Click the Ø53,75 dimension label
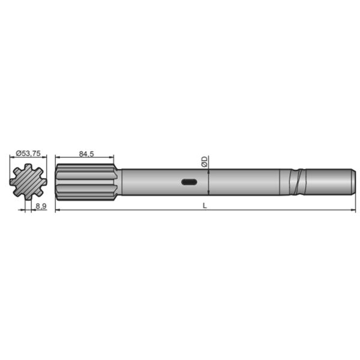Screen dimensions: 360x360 click(28, 154)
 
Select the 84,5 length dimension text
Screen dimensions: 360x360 click(86, 154)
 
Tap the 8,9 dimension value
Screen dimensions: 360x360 click(41, 206)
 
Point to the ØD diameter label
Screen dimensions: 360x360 click(205, 161)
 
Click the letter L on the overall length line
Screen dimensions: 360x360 click(205, 206)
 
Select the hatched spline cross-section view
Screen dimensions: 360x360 click(27, 182)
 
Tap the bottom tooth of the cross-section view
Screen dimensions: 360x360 click(27, 197)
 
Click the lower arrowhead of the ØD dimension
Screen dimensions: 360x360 click(208, 193)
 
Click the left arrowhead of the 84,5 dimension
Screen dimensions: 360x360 click(57, 158)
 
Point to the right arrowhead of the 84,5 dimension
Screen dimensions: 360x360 click(114, 158)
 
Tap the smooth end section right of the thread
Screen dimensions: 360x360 click(327, 182)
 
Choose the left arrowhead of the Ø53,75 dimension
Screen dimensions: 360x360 click(11, 158)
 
